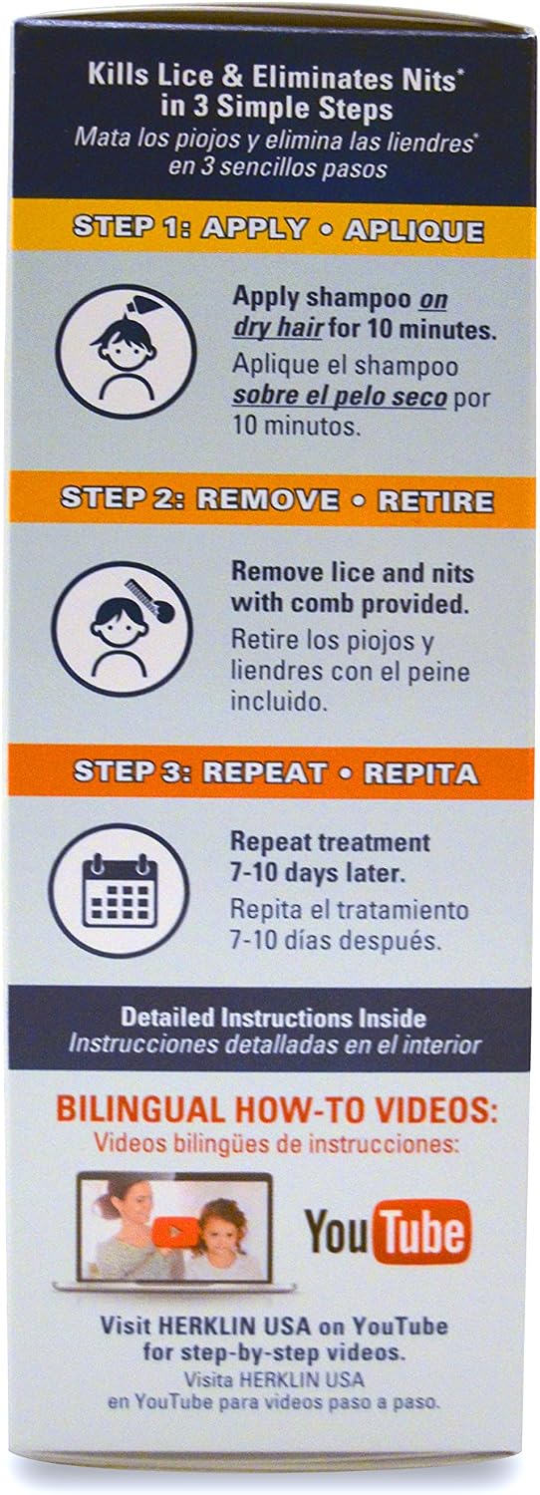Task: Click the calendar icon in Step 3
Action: [120, 892]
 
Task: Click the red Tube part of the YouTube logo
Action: [421, 1232]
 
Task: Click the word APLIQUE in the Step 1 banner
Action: [413, 231]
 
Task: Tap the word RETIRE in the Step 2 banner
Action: [435, 502]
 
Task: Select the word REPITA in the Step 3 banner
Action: [420, 772]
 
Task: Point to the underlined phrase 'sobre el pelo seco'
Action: [339, 397]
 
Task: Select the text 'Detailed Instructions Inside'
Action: [273, 1018]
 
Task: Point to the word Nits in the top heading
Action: [432, 80]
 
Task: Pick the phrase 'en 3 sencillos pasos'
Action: [277, 166]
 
